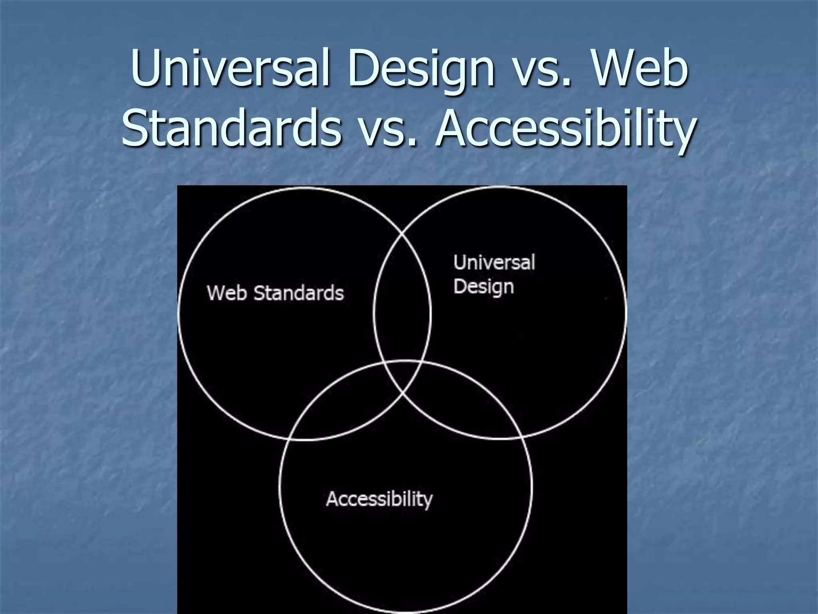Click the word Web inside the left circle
227,293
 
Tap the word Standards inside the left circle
299,293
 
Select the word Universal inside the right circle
494,263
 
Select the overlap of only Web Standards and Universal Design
402,304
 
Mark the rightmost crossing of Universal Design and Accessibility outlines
521,437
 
